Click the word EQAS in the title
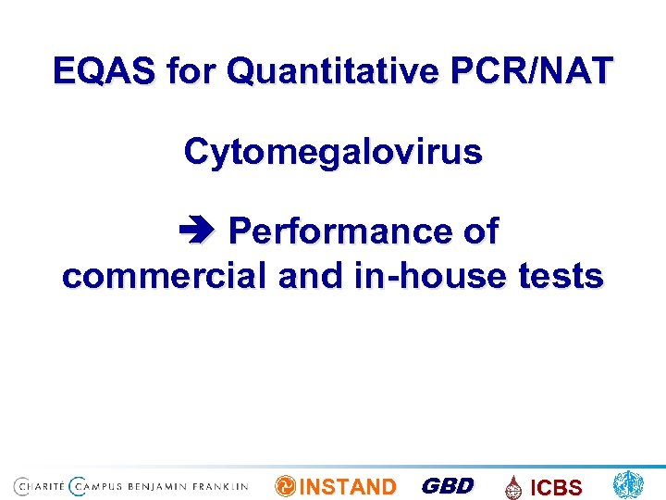[105, 70]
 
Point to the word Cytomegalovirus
[333, 151]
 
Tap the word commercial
[158, 275]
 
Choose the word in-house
[428, 275]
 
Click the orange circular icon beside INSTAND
[286, 486]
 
